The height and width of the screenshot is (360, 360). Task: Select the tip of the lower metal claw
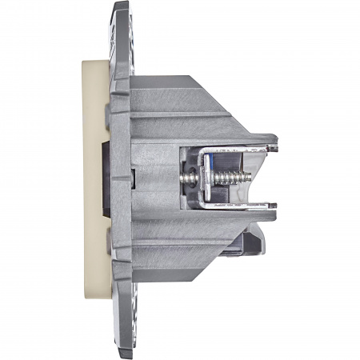click(x=274, y=210)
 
